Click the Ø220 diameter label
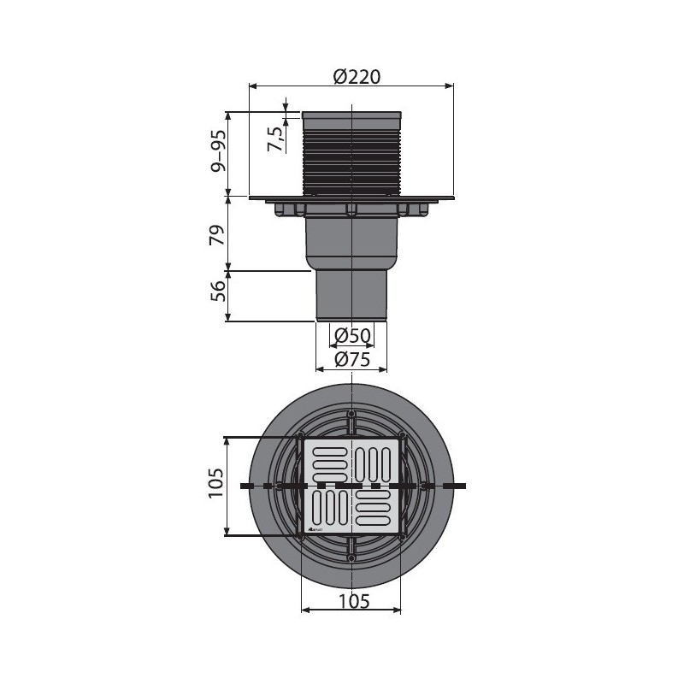click(x=357, y=76)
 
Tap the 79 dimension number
click(x=218, y=234)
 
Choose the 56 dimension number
click(x=218, y=295)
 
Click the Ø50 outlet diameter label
click(x=351, y=334)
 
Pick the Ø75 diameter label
click(x=351, y=360)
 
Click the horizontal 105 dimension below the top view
click(x=351, y=601)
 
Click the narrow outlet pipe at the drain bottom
click(x=351, y=296)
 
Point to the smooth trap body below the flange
click(x=351, y=244)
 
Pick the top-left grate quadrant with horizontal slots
click(x=328, y=463)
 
